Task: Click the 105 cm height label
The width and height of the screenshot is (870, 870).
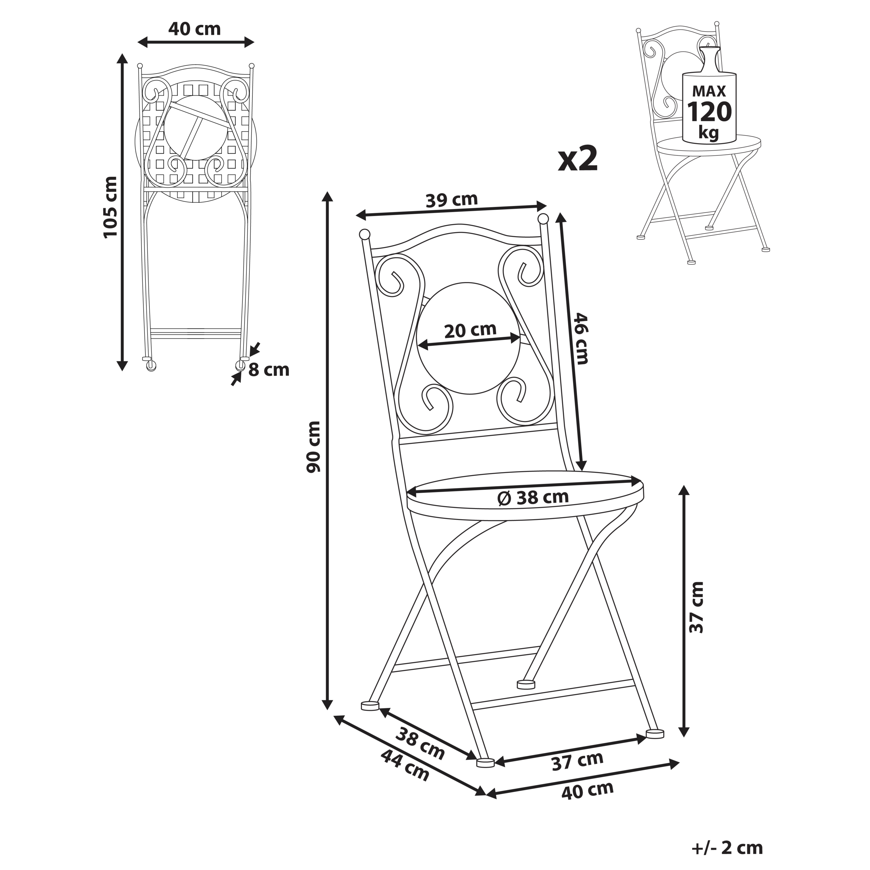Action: pos(111,207)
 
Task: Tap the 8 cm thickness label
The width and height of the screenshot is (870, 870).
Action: pos(269,370)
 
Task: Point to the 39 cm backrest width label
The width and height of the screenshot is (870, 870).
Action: pos(451,200)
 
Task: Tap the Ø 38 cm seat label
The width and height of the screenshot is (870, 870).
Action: pos(533,498)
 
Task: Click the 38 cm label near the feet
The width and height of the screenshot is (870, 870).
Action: pos(420,743)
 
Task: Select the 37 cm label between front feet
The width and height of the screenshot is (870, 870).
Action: pos(577,761)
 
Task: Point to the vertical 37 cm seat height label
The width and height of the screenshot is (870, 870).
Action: pos(697,607)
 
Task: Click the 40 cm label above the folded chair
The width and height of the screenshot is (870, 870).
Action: pos(194,29)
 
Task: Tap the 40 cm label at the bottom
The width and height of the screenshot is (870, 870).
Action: pos(587,803)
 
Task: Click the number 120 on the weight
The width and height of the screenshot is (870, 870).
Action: pos(709,112)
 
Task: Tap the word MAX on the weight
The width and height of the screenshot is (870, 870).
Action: pos(709,91)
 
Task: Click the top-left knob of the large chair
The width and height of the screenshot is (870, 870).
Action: pos(364,234)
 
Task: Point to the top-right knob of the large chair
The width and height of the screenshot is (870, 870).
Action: pos(543,219)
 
